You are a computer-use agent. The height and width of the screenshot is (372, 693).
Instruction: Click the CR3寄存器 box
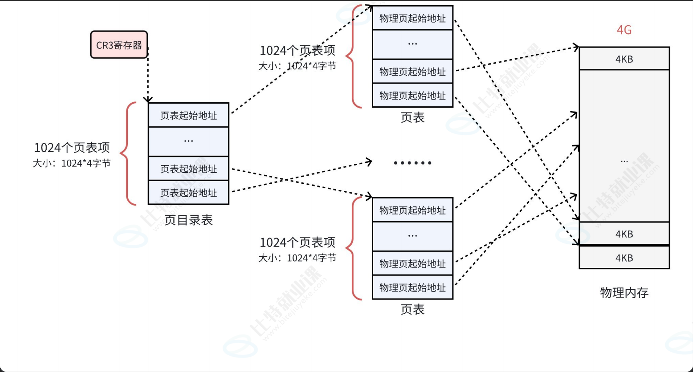(119, 45)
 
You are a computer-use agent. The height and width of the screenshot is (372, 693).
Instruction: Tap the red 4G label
(624, 30)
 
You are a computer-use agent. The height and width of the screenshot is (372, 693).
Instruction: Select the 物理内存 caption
(624, 293)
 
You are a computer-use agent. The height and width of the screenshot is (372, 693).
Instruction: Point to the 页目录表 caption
(188, 220)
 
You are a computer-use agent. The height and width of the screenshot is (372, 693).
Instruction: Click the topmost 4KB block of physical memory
(624, 59)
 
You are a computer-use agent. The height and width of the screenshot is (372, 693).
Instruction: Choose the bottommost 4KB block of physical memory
(624, 258)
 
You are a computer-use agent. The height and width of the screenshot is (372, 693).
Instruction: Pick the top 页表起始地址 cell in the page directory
(188, 116)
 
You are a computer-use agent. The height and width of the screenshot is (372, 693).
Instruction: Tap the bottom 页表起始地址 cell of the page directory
(188, 193)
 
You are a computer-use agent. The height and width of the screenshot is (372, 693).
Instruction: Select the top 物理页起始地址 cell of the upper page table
(412, 18)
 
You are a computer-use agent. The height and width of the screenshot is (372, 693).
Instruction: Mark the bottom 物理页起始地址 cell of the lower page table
(412, 288)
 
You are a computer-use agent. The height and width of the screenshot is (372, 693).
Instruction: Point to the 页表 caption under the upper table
(412, 118)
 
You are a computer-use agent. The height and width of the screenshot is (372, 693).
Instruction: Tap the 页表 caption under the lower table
(412, 309)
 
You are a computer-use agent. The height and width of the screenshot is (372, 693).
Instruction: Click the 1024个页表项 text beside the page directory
(72, 147)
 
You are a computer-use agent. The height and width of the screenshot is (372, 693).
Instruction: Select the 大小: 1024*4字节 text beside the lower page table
(297, 258)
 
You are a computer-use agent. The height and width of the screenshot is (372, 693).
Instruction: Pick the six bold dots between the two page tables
(412, 163)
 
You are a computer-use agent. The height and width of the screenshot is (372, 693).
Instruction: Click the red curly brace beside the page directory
(127, 153)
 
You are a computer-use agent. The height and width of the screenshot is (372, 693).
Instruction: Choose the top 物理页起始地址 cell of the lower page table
(412, 210)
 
